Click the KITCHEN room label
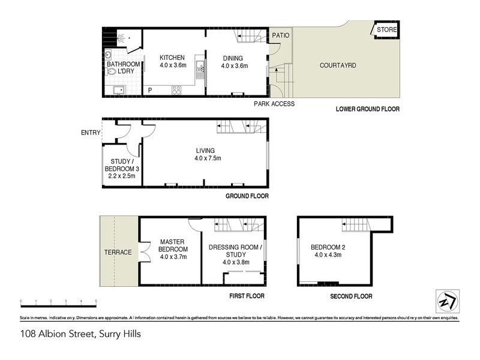[x=171, y=58]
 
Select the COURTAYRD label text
[x=336, y=65]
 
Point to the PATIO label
[x=281, y=35]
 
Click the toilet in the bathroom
[x=112, y=71]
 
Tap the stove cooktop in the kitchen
[x=177, y=91]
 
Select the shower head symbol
[x=123, y=37]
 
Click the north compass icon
[x=448, y=298]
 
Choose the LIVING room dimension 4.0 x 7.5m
[x=208, y=158]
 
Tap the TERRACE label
[x=118, y=252]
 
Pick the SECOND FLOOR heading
[x=352, y=296]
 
